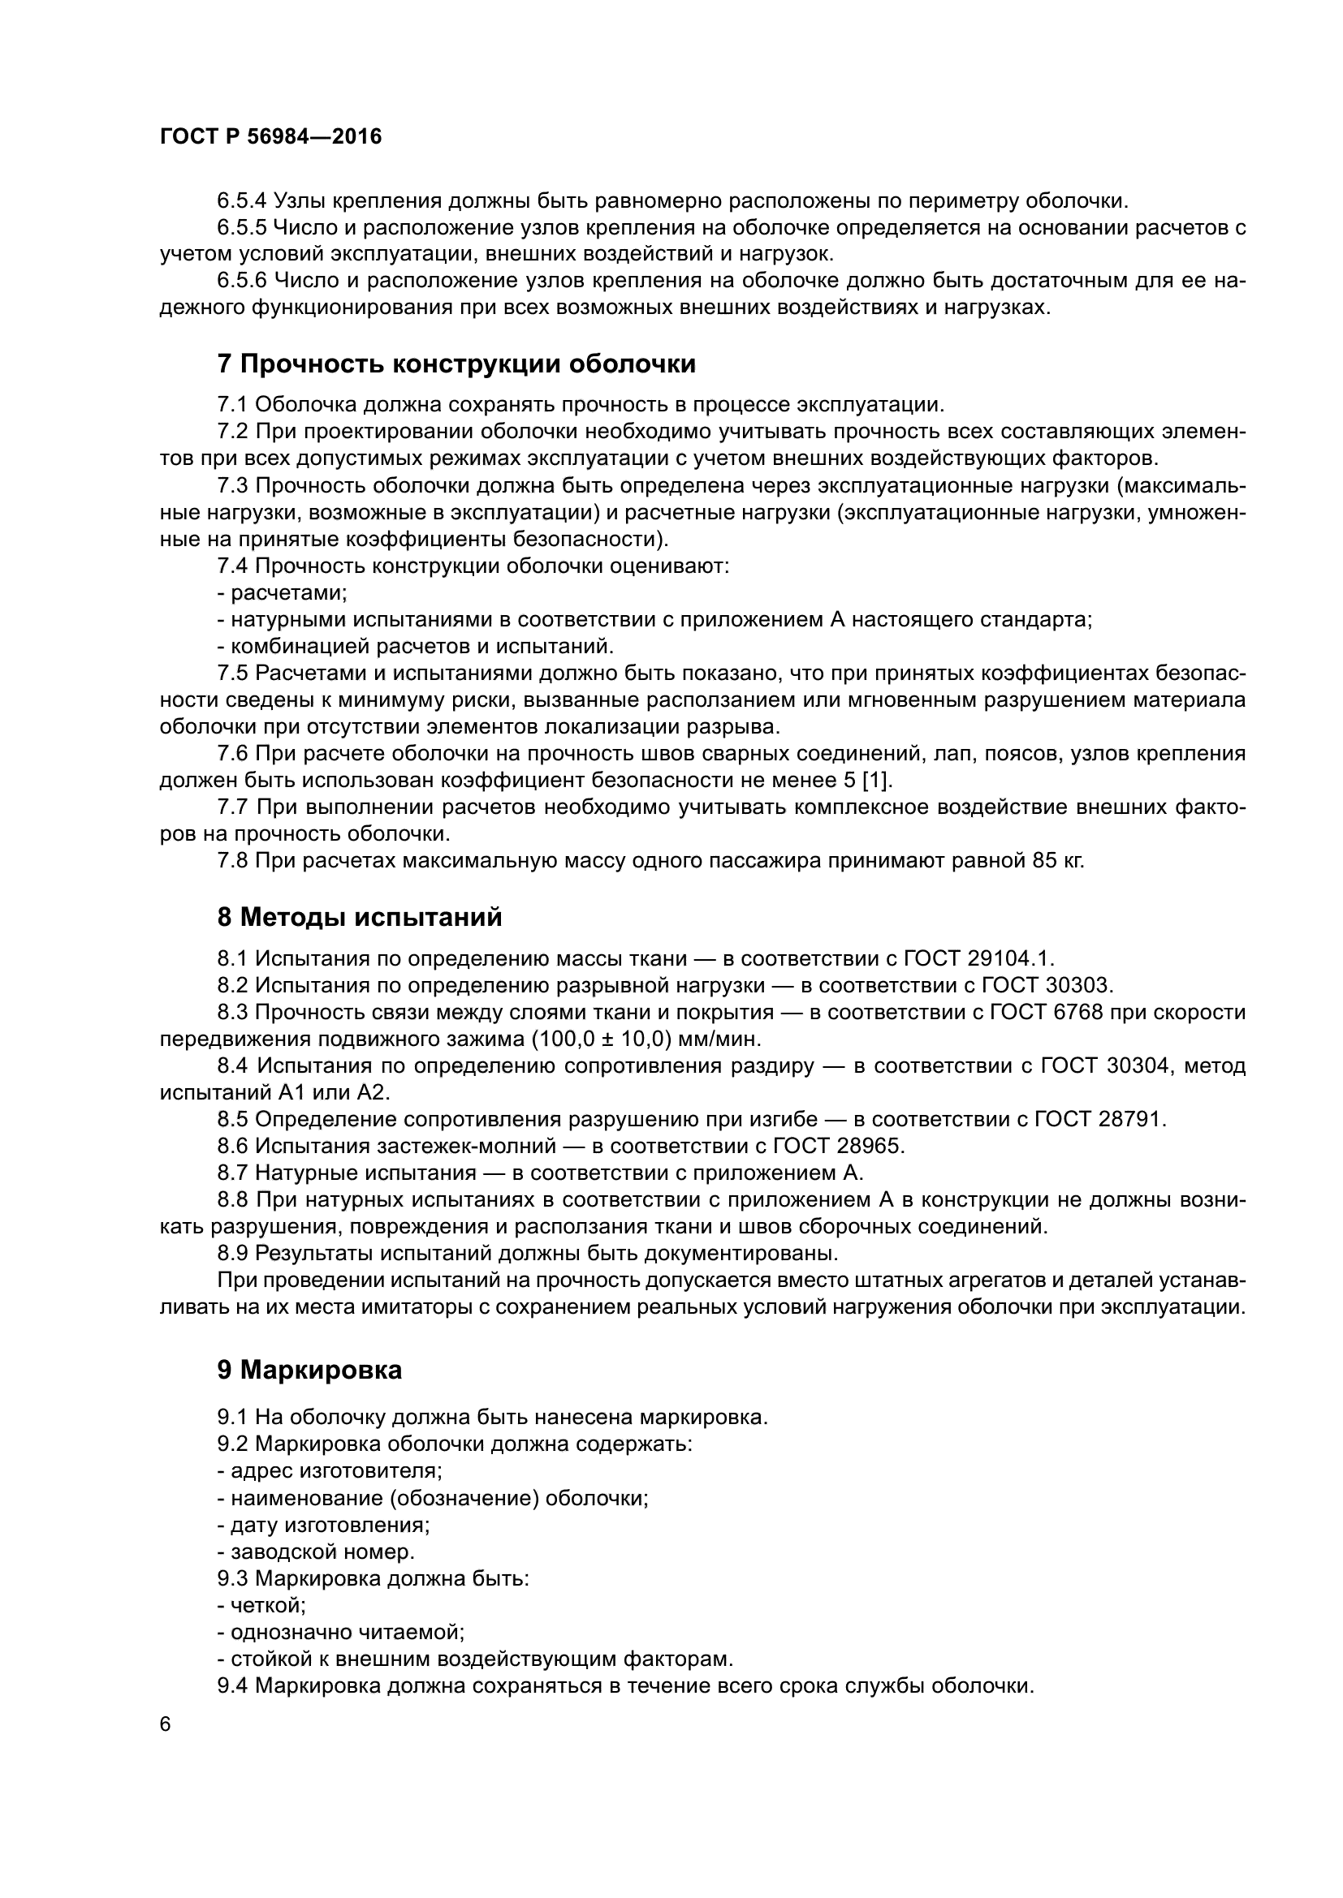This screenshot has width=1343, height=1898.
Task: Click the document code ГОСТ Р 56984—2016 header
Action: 270,137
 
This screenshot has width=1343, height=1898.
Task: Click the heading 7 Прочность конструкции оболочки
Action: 456,364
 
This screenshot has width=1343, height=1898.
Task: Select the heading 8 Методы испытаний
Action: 360,918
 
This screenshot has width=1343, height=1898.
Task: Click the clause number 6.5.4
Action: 241,201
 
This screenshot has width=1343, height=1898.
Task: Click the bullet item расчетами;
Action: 288,592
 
